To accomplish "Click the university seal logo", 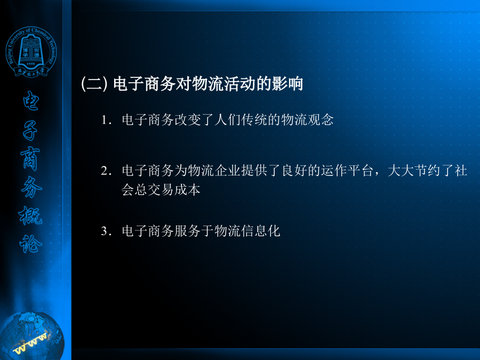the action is tap(31, 52).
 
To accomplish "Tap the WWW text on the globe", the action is tap(30, 343).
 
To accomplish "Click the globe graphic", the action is tap(32, 336).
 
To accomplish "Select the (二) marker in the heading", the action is tap(94, 84).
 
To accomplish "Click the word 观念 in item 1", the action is tap(321, 119).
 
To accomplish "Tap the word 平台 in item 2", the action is tap(361, 171).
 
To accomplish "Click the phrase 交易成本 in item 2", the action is tap(174, 190).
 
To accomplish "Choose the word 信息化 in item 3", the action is tap(260, 231).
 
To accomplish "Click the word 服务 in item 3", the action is tap(187, 231).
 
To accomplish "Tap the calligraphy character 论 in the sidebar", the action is tap(30, 244).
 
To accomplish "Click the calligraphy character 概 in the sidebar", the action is tap(30, 215).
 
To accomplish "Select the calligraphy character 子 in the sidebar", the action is tap(30, 131).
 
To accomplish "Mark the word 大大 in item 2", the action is tap(401, 171).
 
